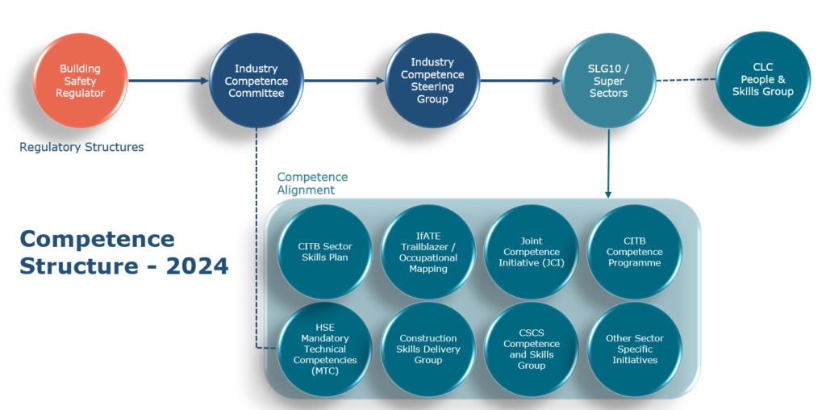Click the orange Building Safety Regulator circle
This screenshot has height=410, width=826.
tap(81, 81)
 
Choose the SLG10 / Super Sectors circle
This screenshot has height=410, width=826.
tap(609, 81)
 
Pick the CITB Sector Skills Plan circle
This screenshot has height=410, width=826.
tap(325, 252)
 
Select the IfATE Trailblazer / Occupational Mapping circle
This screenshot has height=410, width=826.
tap(428, 252)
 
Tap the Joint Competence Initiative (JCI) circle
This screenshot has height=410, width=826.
tap(532, 252)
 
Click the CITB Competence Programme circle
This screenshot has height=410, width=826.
tap(635, 252)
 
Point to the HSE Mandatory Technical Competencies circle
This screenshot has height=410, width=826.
tap(325, 349)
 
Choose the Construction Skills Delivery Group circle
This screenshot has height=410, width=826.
tap(428, 349)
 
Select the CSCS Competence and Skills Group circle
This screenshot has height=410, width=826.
tap(532, 349)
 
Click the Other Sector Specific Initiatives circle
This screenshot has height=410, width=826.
tap(635, 349)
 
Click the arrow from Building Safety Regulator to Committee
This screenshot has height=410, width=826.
tap(168, 81)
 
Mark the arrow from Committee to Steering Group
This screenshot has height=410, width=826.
tap(344, 81)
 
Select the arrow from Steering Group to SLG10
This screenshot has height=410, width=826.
tap(520, 81)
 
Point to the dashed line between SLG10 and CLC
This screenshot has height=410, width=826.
tap(686, 80)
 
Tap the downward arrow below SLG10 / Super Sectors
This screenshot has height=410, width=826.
tap(608, 161)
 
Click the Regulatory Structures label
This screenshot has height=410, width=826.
tap(81, 147)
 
